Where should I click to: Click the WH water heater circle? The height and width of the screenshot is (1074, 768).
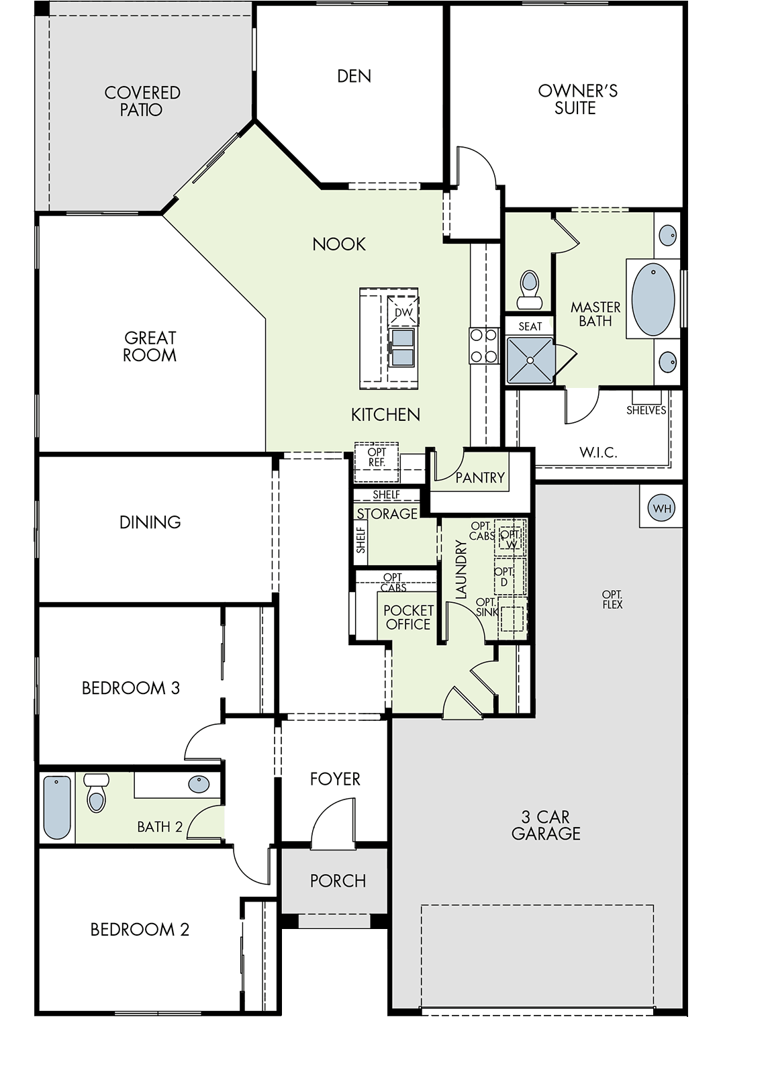(x=661, y=507)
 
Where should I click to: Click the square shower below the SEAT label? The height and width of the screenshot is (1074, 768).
(x=530, y=360)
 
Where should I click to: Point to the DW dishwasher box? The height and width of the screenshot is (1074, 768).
(x=403, y=311)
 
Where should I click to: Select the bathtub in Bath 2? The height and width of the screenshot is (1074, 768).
(x=57, y=808)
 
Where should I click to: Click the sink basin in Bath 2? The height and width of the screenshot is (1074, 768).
(x=199, y=785)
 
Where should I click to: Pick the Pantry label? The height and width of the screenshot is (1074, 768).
(x=480, y=477)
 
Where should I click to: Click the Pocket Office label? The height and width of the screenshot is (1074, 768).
(x=408, y=617)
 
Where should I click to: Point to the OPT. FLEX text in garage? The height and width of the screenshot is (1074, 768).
(x=612, y=600)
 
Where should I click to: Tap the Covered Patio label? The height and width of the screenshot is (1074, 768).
(x=142, y=101)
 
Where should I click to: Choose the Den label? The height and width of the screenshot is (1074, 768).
(x=354, y=76)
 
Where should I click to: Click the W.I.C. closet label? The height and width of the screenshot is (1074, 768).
(x=598, y=452)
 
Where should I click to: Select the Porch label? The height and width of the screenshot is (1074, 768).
(x=338, y=881)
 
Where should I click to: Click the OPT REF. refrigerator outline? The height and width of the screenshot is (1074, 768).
(x=377, y=462)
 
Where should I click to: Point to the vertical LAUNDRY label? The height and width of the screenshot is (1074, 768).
(x=461, y=570)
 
